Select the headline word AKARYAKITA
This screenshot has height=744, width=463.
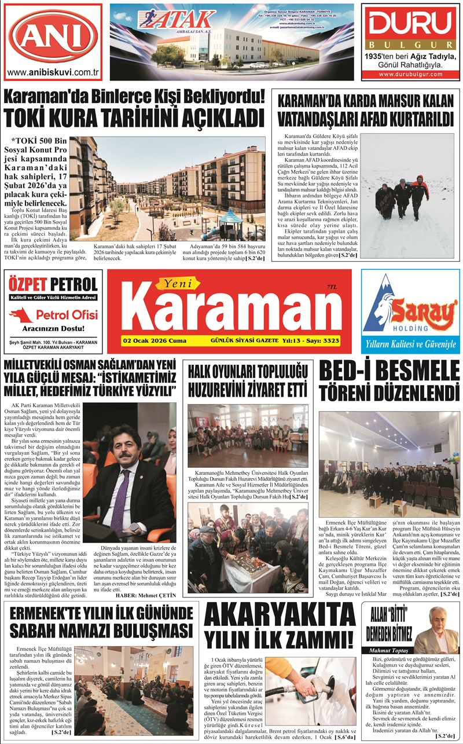(280, 617)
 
